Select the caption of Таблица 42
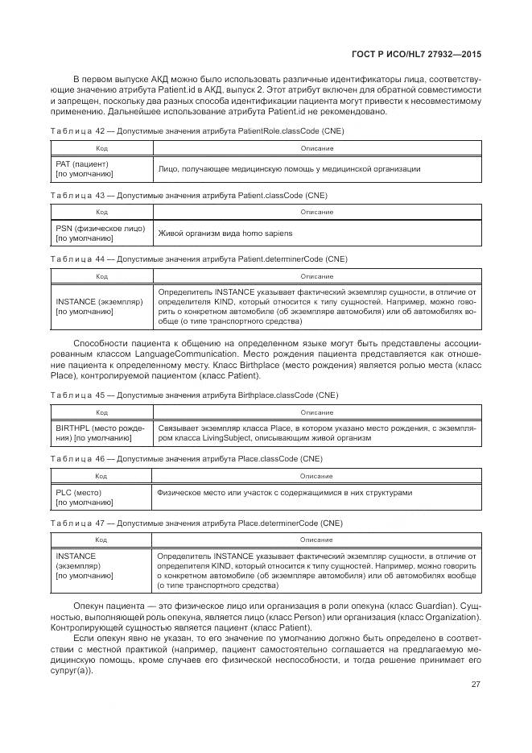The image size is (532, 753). coord(197,130)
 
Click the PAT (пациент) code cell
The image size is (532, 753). coord(85,169)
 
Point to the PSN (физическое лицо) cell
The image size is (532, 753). coord(101,233)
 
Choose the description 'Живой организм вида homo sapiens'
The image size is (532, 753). coord(225,233)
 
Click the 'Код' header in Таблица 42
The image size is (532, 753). coord(102,148)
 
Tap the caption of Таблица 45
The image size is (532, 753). coord(194,395)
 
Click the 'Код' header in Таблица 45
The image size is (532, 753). coord(102,412)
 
